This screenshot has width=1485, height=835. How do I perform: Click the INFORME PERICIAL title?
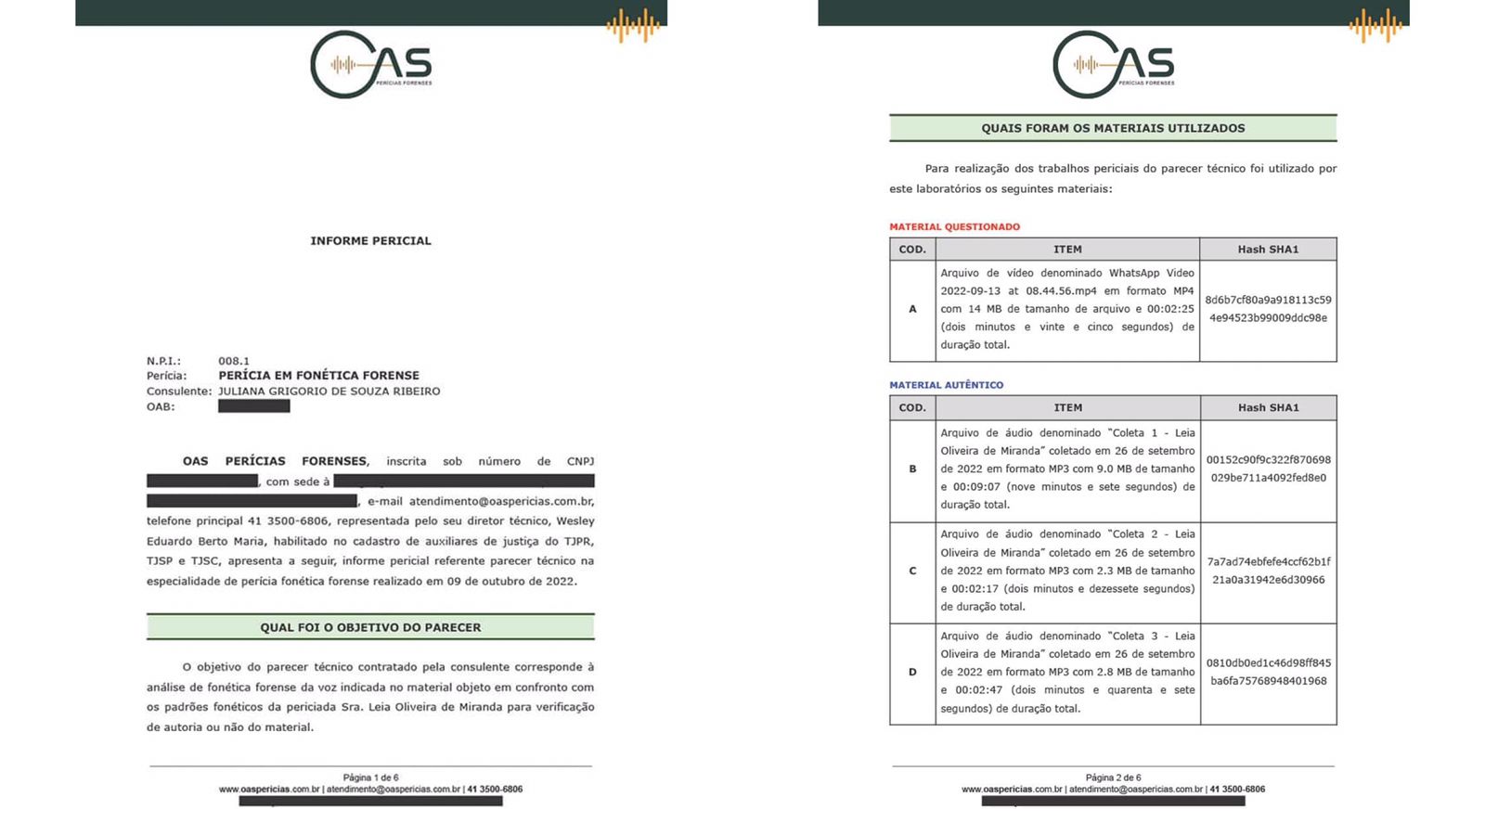point(370,240)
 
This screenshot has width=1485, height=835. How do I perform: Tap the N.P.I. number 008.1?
point(234,361)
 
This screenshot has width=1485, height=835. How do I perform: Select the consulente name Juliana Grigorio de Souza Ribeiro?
point(329,392)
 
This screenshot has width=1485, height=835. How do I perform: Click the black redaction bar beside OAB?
point(253,406)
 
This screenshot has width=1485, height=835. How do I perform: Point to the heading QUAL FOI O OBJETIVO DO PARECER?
point(370,627)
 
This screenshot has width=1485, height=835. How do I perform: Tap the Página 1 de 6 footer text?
point(370,777)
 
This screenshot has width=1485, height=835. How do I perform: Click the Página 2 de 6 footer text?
point(1113,777)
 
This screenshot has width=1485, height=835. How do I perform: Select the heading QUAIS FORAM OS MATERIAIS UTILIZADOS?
point(1113,128)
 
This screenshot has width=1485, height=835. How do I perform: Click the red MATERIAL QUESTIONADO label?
point(954,226)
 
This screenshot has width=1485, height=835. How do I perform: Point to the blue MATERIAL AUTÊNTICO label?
point(946,385)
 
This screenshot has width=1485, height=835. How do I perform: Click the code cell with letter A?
point(912,309)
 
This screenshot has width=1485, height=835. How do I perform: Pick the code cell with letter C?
point(912,572)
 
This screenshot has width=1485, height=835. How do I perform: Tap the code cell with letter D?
point(912,673)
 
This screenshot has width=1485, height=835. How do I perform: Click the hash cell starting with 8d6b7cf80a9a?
point(1268,309)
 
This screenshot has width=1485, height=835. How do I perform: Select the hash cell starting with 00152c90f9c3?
point(1268,469)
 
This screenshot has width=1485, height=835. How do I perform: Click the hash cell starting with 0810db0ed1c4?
point(1268,672)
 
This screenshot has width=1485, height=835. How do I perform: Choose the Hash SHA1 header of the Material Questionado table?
point(1268,249)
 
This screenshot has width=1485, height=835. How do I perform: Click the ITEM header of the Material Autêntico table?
point(1067,407)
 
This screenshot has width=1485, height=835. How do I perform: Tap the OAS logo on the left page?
point(370,65)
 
